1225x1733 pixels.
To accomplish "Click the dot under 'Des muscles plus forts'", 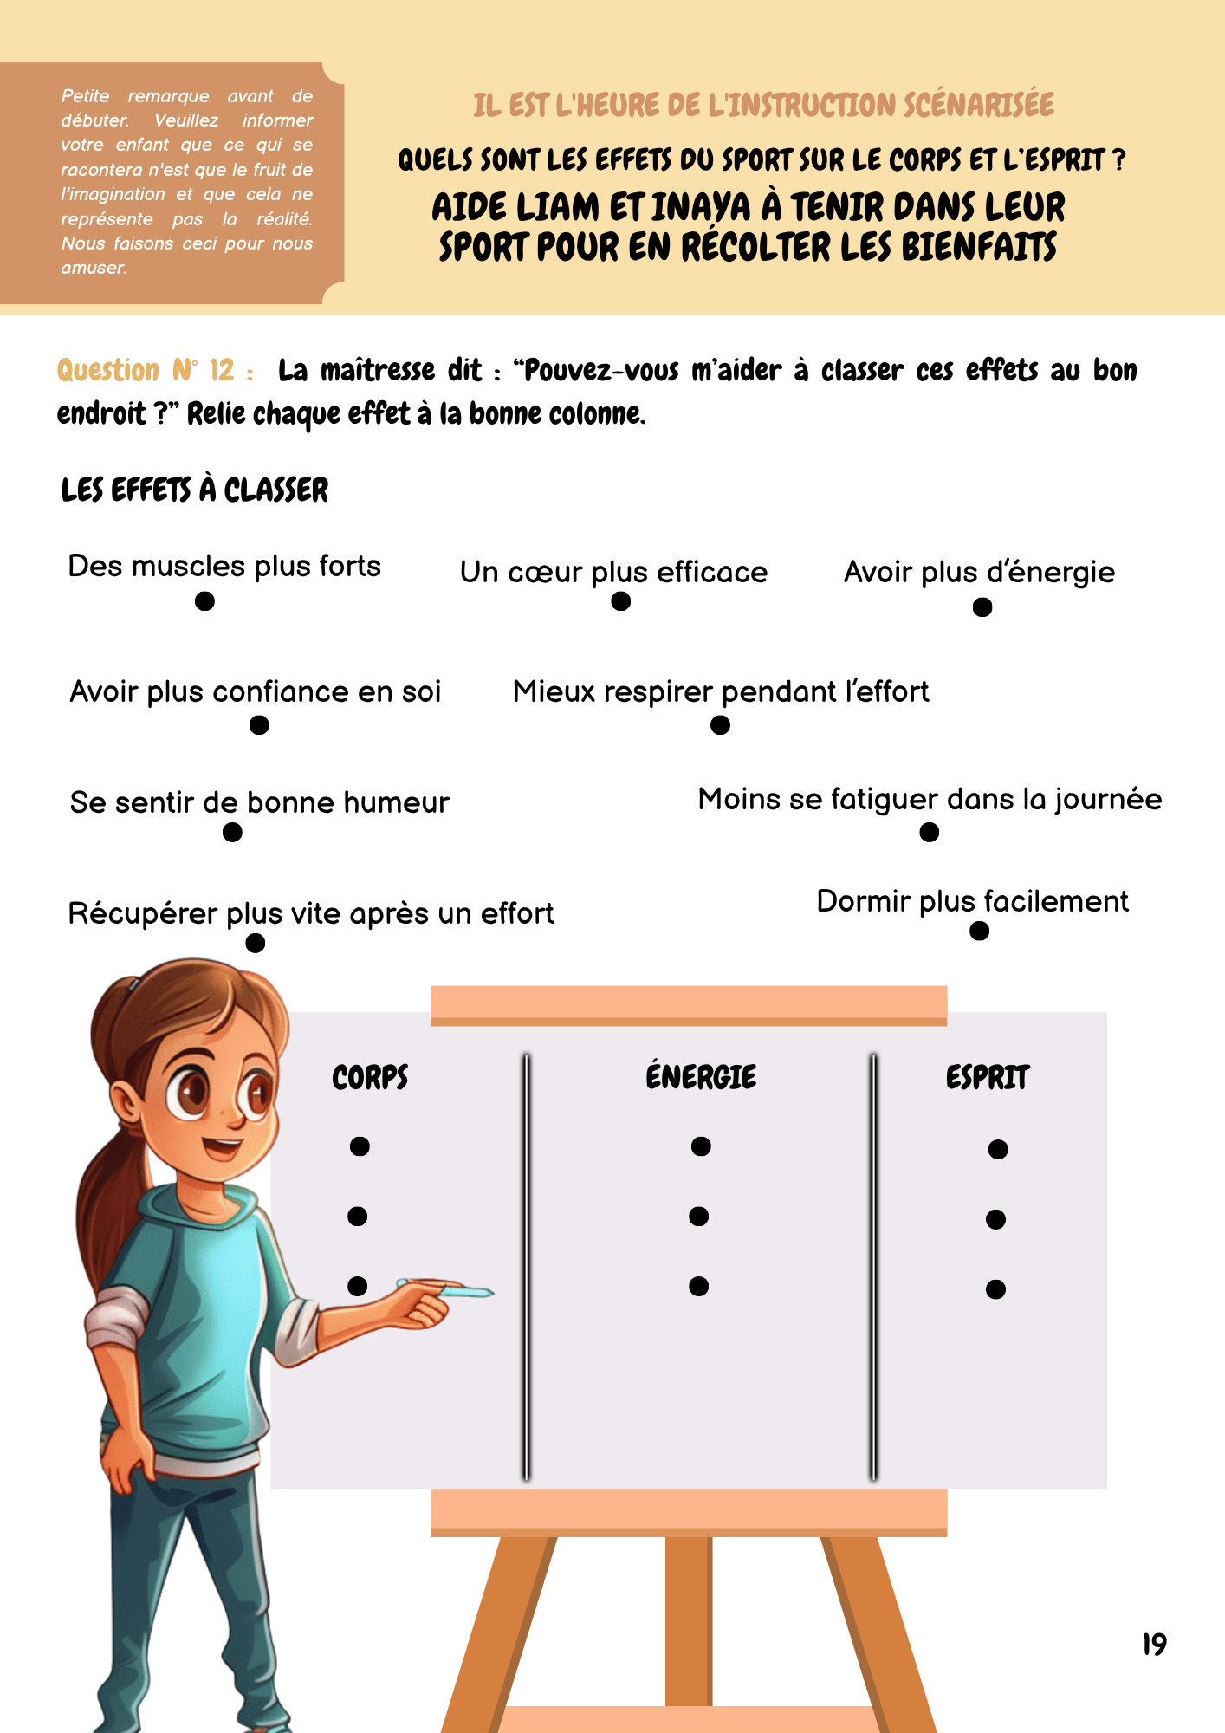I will [204, 601].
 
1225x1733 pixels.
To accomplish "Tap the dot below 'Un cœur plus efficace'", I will [620, 601].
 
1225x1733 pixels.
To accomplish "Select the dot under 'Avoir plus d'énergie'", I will [982, 607].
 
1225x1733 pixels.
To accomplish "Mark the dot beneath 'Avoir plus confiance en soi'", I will [259, 725].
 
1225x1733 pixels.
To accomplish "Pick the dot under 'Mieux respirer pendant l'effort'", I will [720, 725].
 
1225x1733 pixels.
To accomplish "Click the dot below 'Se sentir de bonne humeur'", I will [232, 832].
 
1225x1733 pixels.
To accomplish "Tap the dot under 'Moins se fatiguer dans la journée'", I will [929, 832].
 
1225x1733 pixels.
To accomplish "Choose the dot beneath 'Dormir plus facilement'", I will [979, 931].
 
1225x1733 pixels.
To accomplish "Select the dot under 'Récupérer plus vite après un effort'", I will [255, 943].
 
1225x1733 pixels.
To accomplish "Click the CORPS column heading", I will [370, 1078].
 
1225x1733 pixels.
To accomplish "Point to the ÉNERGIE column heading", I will [701, 1077].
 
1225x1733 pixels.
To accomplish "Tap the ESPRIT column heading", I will [987, 1078].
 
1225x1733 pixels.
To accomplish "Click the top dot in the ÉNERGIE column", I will [701, 1146].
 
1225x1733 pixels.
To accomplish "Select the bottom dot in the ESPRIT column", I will [995, 1289].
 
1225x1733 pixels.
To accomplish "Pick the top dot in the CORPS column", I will [360, 1146].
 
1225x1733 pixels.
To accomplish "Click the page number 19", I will [1154, 1644].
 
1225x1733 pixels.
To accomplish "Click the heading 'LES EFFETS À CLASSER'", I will [195, 490].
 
